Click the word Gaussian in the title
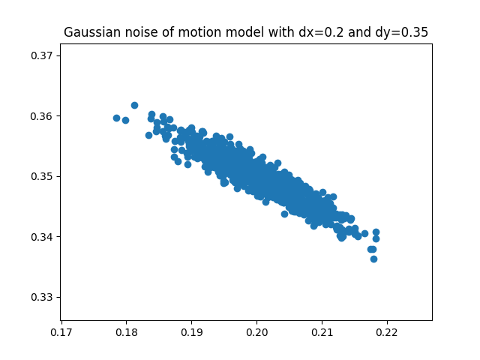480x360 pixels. [90, 32]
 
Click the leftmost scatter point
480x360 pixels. [116, 118]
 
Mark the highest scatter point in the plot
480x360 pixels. [134, 105]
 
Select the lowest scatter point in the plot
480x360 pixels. [373, 259]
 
